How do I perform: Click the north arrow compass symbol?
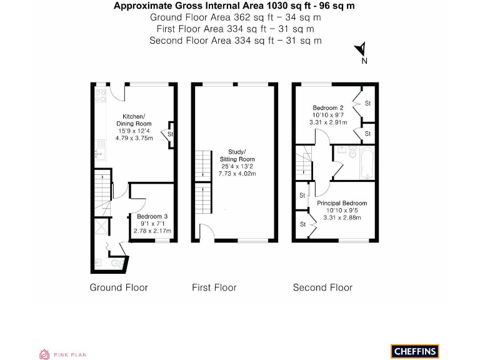(360, 50)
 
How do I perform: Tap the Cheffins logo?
(415, 352)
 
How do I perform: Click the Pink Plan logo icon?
(45, 354)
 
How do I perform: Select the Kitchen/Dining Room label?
(134, 120)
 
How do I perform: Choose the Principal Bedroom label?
(342, 203)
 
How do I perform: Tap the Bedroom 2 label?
(328, 107)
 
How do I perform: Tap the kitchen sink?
(99, 152)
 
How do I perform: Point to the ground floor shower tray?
(99, 227)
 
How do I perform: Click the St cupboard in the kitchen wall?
(169, 134)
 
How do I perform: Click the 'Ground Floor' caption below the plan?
(119, 287)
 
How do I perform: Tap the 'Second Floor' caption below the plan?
(322, 287)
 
